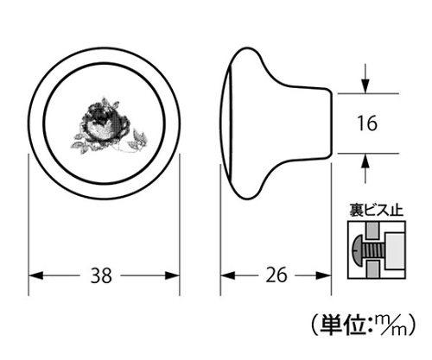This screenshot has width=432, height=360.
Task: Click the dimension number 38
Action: pyautogui.click(x=101, y=275)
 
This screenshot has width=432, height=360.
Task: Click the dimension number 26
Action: pyautogui.click(x=276, y=275)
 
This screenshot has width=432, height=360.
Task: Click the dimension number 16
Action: pyautogui.click(x=367, y=123)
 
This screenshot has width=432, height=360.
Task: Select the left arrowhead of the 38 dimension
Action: pyautogui.click(x=36, y=275)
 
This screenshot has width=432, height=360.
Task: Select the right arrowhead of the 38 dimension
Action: pyautogui.click(x=172, y=275)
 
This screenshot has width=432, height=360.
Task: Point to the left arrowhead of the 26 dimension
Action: pyautogui.click(x=228, y=275)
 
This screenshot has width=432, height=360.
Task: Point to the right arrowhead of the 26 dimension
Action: pyautogui.click(x=323, y=275)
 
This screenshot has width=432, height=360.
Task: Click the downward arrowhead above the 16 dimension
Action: pyautogui.click(x=365, y=86)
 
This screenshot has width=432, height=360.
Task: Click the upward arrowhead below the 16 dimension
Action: pyautogui.click(x=365, y=161)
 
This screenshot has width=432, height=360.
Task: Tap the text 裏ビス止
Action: pyautogui.click(x=376, y=210)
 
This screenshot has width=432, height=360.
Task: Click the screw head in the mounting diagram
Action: pyautogui.click(x=357, y=249)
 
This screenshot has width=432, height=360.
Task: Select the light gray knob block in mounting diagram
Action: pyautogui.click(x=394, y=250)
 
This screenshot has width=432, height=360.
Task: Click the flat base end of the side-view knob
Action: pyautogui.click(x=331, y=123)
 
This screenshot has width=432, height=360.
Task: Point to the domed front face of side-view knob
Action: pyautogui.click(x=226, y=123)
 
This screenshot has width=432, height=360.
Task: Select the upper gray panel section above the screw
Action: pyautogui.click(x=373, y=231)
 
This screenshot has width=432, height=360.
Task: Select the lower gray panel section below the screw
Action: pyautogui.click(x=373, y=269)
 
